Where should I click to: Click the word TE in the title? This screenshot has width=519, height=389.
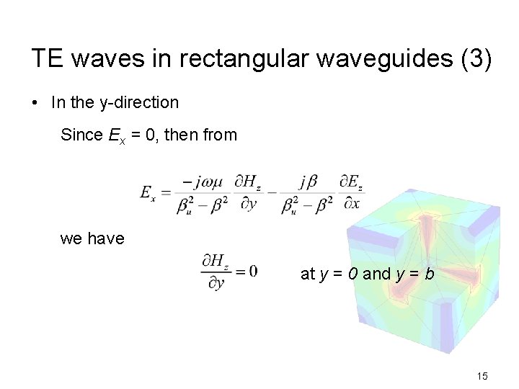coord(45,59)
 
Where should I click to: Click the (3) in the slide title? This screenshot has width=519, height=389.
coord(476,59)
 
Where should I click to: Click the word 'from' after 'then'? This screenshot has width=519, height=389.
coord(221,135)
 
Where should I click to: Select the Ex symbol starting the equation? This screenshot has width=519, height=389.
coord(148,193)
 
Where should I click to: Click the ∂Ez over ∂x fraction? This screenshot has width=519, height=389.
coord(352,192)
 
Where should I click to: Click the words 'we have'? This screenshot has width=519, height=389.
coord(92,238)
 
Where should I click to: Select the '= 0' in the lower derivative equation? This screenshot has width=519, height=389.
coord(246,271)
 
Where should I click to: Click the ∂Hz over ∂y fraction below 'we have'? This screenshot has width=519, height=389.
coord(216,272)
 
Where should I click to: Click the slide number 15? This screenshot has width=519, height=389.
coord(482,376)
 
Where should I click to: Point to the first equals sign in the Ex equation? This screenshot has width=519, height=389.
coord(165,193)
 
